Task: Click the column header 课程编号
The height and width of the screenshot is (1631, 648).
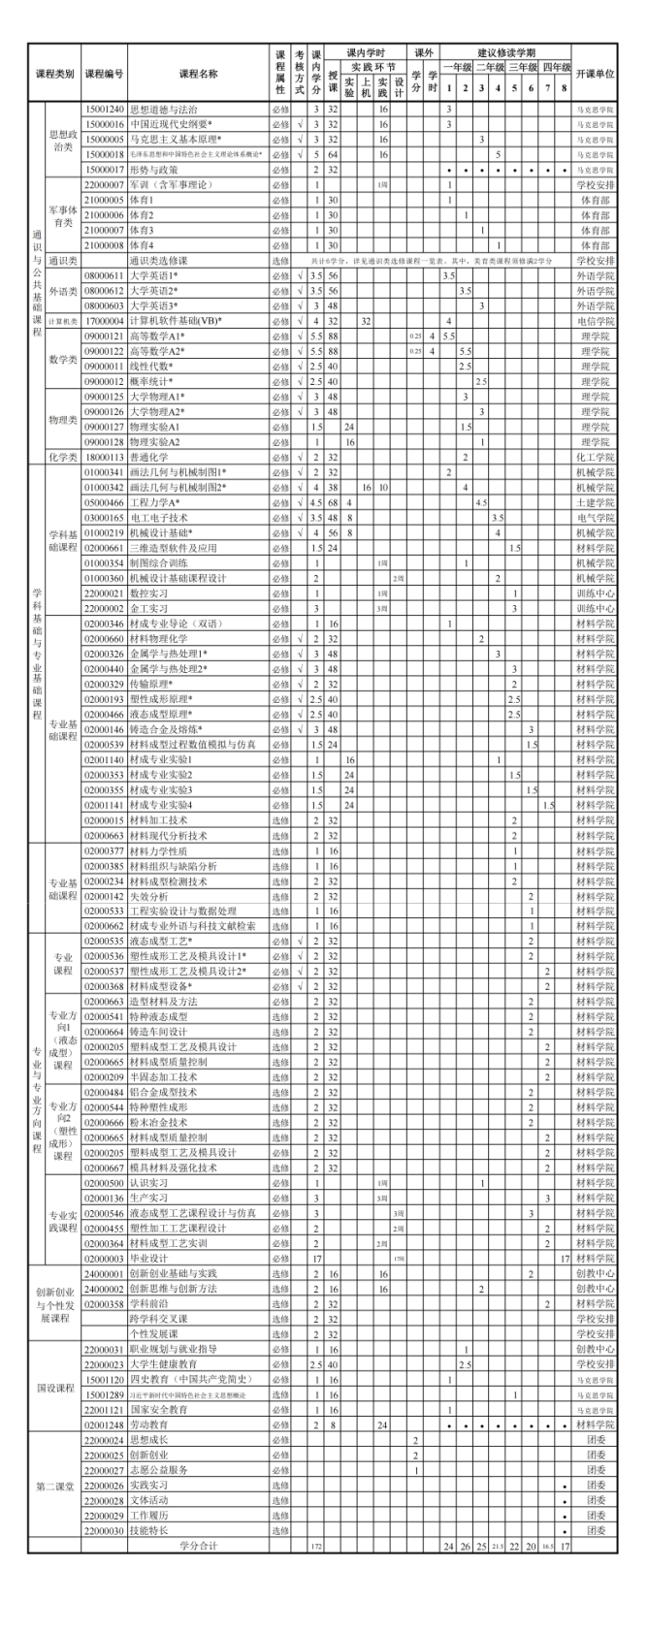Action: [x=104, y=73]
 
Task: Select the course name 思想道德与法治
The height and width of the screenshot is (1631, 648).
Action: [x=163, y=110]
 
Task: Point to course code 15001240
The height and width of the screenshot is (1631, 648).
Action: [x=104, y=110]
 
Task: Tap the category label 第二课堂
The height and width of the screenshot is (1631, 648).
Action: [x=55, y=1486]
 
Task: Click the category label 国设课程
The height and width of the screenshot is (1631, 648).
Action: [x=55, y=1387]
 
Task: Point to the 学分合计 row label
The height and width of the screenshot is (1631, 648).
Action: [x=197, y=1545]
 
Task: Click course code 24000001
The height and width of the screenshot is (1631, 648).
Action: [x=104, y=1273]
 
